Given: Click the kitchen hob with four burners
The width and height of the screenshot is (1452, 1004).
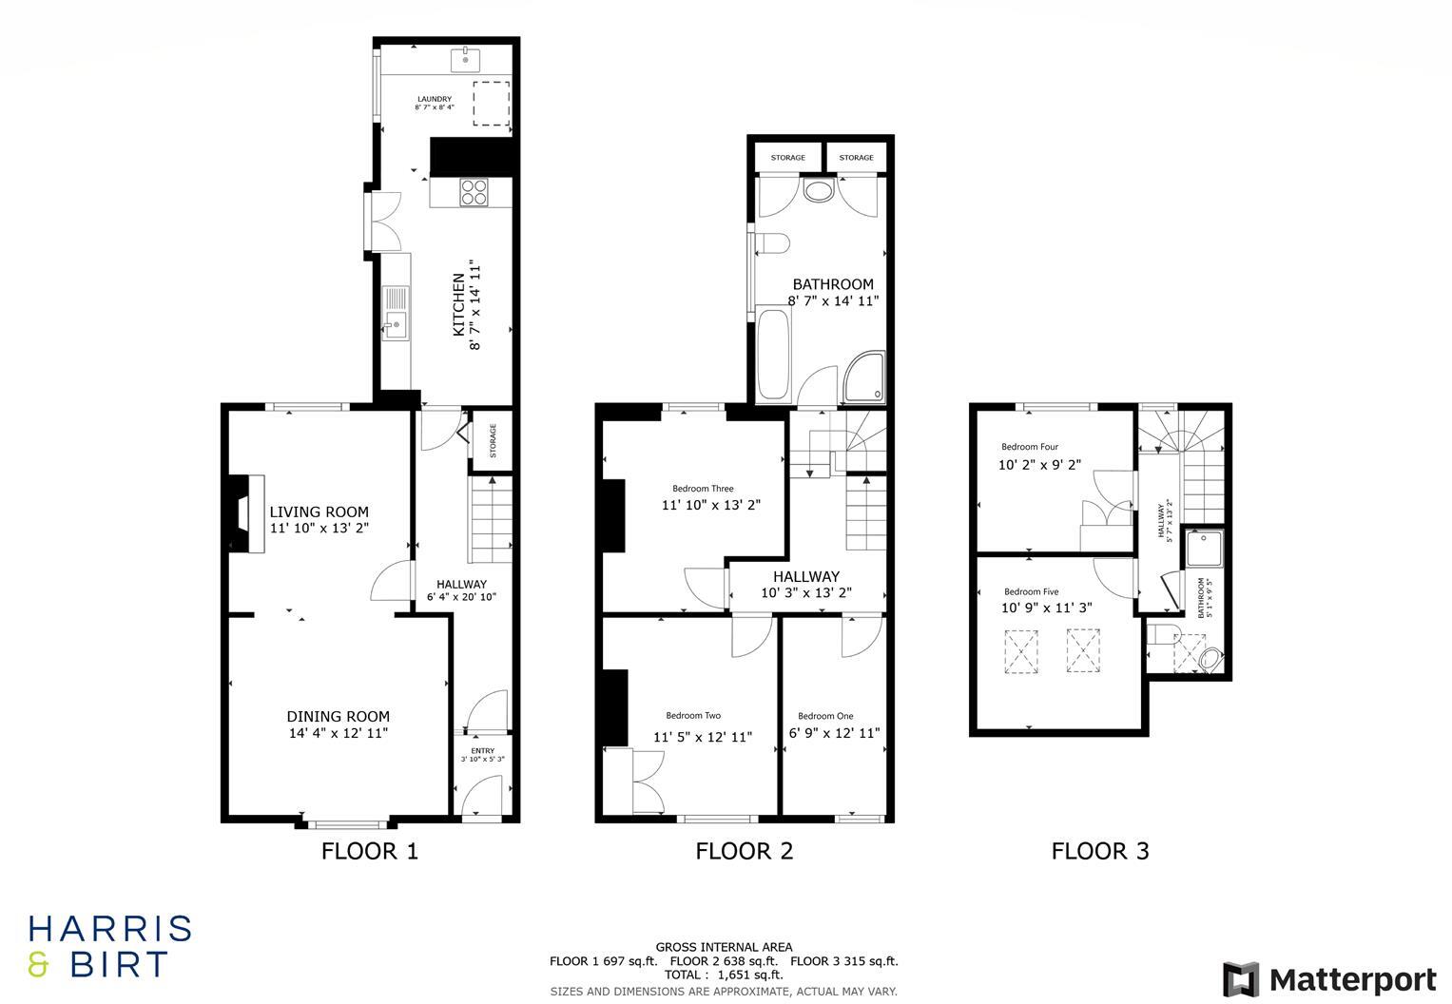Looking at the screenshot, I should coord(474,192).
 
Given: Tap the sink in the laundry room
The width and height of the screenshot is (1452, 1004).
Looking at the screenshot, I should coord(466,59).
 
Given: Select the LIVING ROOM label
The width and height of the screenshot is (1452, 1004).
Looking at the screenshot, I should coord(319,512).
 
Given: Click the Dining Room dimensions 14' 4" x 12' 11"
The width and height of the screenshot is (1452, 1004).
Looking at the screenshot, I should coord(339,733).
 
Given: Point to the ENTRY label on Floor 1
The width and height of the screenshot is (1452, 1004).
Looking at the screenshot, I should coord(483,751).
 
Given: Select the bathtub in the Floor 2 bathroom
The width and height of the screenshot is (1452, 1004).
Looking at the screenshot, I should coord(772,355).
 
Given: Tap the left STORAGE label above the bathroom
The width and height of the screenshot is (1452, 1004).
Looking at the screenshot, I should coord(787,158).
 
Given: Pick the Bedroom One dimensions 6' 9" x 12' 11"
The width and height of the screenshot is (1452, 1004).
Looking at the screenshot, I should coord(834,733).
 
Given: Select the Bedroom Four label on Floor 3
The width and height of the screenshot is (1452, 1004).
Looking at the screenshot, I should coord(1029,447).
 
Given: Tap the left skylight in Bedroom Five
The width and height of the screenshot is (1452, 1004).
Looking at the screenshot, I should coord(1020,651).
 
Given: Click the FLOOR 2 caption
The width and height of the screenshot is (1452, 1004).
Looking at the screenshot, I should coord(744,851).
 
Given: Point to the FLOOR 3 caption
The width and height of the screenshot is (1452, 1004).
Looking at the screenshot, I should coord(1100,851).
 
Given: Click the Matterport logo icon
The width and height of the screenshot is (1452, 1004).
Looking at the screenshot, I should coord(1240,979).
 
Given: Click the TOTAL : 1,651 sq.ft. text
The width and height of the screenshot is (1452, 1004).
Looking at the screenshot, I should coord(725,975).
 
